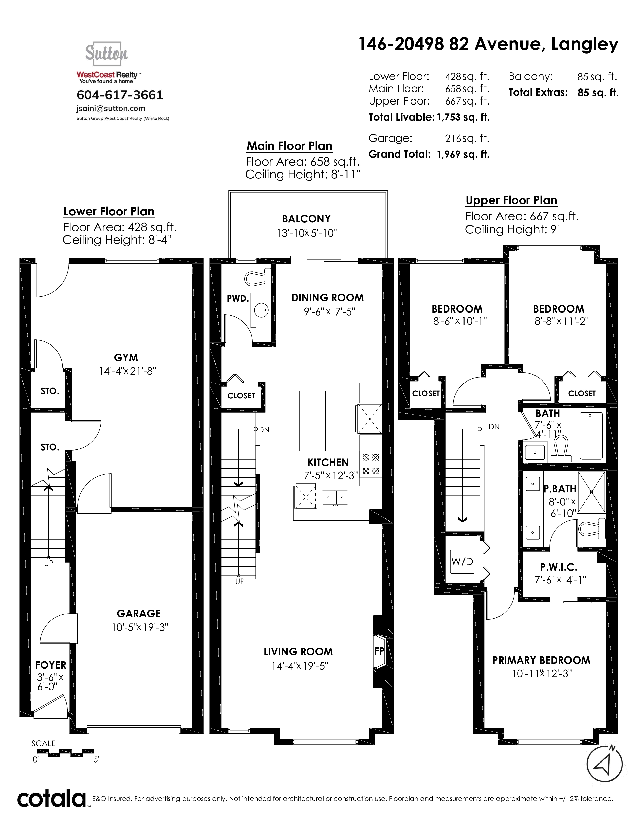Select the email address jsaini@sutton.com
(111, 109)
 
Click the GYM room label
(126, 358)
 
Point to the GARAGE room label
(139, 614)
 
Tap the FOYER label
(51, 665)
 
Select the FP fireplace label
(379, 651)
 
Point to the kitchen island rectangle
(312, 421)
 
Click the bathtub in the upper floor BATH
(591, 436)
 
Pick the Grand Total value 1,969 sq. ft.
(463, 154)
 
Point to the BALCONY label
(306, 219)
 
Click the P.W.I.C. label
(559, 567)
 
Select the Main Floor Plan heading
(290, 146)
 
